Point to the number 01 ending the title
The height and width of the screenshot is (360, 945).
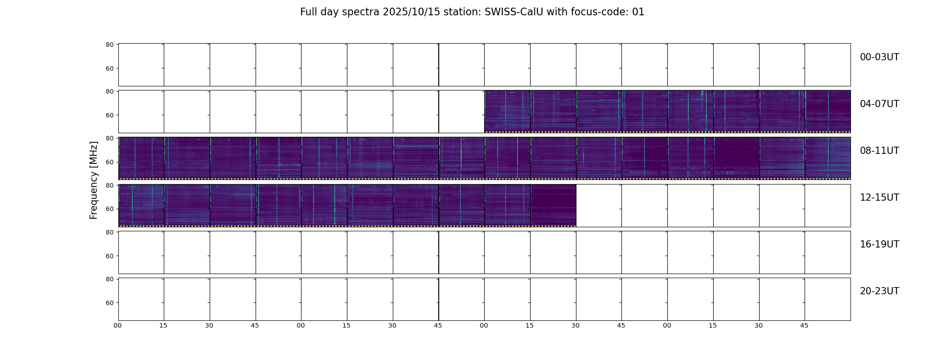click(x=638, y=12)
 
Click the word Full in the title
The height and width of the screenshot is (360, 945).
click(x=309, y=12)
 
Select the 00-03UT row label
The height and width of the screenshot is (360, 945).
click(x=879, y=57)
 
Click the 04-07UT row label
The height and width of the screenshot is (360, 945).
click(x=879, y=104)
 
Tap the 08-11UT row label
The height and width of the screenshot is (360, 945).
click(x=879, y=151)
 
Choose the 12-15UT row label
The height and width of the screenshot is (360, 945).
click(x=879, y=198)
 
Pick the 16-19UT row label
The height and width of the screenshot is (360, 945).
click(x=879, y=244)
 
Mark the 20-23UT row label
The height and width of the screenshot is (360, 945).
click(x=879, y=291)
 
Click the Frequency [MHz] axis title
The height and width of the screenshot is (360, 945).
click(x=94, y=180)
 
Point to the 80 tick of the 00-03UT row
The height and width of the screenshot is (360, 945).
click(x=109, y=45)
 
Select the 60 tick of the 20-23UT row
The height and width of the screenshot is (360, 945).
click(x=109, y=303)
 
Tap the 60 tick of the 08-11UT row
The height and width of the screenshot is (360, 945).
click(x=109, y=162)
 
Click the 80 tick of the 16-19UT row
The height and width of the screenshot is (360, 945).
click(x=109, y=232)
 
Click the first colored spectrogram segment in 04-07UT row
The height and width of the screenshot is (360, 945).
click(x=508, y=112)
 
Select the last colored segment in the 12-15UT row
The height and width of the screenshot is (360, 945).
click(x=553, y=205)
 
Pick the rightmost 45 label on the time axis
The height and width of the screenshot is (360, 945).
click(x=804, y=325)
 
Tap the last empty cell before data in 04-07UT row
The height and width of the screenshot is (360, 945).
click(x=462, y=112)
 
